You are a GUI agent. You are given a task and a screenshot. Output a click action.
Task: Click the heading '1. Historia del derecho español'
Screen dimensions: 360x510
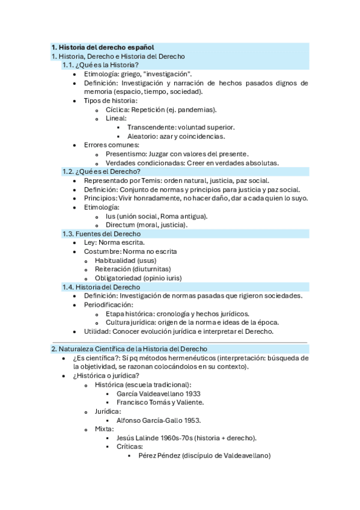[102, 47]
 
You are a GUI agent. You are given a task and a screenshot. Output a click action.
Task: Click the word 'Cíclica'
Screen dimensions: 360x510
[117, 109]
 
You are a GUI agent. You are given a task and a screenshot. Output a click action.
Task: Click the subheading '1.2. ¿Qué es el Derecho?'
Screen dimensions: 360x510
[101, 171]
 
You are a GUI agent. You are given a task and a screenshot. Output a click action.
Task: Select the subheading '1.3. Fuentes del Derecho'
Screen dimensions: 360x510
[102, 234]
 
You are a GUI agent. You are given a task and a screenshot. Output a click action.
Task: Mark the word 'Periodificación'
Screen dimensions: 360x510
[108, 305]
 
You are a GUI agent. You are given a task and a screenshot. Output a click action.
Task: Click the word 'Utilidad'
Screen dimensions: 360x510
[96, 331]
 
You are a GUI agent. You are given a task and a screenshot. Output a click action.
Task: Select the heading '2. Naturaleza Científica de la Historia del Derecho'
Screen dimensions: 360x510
[129, 349]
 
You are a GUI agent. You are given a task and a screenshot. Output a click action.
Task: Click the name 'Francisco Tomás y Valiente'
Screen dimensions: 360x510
[160, 402]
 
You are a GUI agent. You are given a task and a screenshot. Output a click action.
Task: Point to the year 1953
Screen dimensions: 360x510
[191, 420]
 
